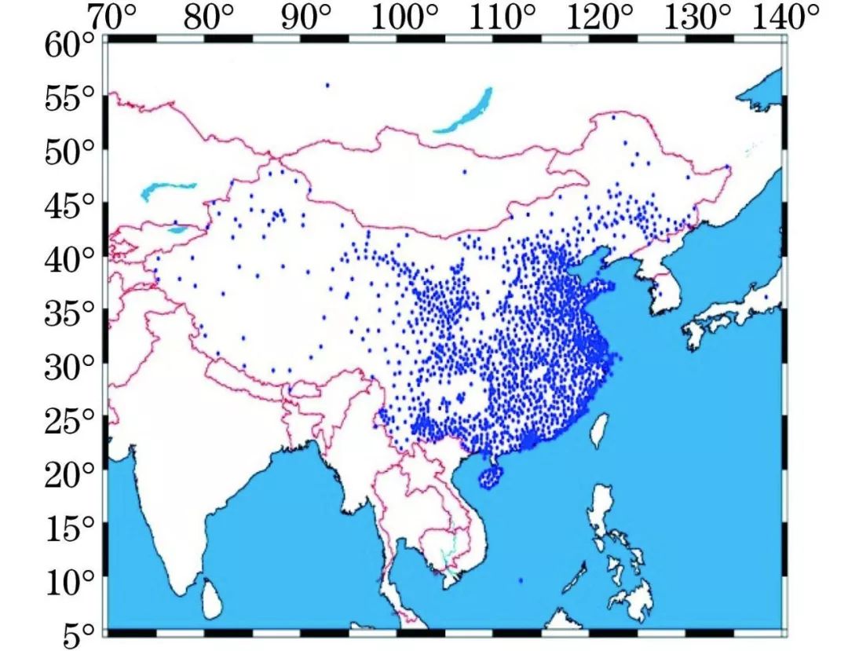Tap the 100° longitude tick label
pos(408,16)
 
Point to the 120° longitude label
pos(603,16)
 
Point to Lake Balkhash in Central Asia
pos(166,190)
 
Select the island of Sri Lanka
pos(211,598)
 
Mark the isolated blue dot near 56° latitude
pos(327,85)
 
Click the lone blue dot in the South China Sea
pos(521,580)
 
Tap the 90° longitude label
pos(309,16)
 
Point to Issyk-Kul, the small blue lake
pos(178,231)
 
